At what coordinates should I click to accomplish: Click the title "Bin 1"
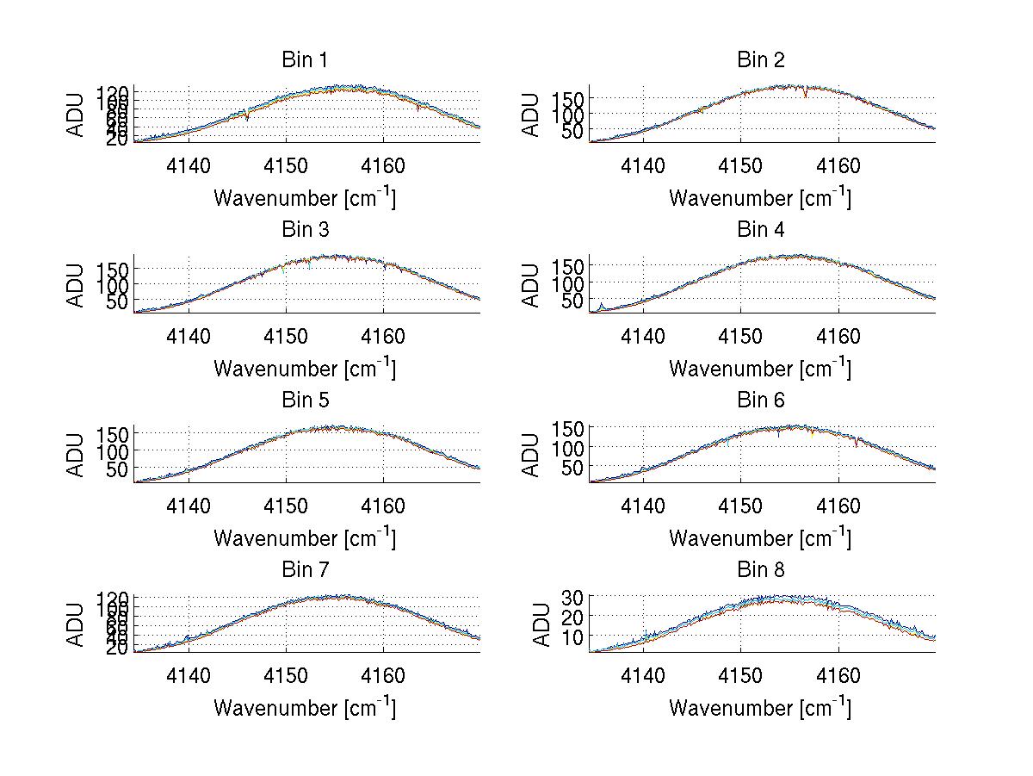pos(304,60)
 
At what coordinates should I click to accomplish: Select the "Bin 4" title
pos(761,230)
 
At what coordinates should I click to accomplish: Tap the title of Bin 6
pos(761,400)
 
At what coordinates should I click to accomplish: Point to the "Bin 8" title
pos(761,570)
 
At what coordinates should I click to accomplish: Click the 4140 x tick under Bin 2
pos(643,165)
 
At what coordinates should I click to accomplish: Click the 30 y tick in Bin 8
pos(574,596)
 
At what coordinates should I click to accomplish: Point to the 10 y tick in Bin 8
pos(574,636)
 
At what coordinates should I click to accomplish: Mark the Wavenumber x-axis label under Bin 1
pos(305,198)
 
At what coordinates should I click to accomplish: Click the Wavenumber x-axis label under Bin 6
pos(760,538)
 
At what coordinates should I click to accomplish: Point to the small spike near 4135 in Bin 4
pos(601,305)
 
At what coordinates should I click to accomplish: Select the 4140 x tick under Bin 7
pos(189,676)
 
